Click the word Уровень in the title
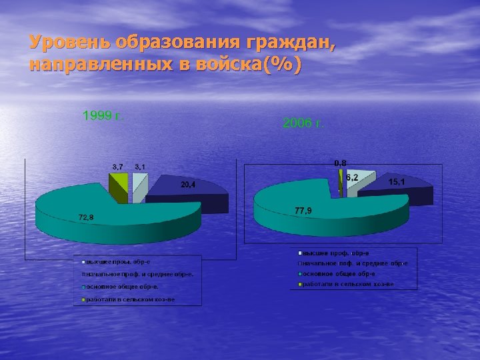pyautogui.click(x=70, y=43)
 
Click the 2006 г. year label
pyautogui.click(x=304, y=123)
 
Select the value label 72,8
pyautogui.click(x=87, y=217)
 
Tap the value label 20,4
pyautogui.click(x=188, y=185)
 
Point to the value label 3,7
pyautogui.click(x=117, y=166)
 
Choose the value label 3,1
pyautogui.click(x=140, y=166)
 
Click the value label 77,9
pyautogui.click(x=304, y=211)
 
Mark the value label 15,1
pyautogui.click(x=397, y=181)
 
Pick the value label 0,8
pyautogui.click(x=340, y=163)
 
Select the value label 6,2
pyautogui.click(x=353, y=177)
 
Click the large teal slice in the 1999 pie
pyautogui.click(x=120, y=207)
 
